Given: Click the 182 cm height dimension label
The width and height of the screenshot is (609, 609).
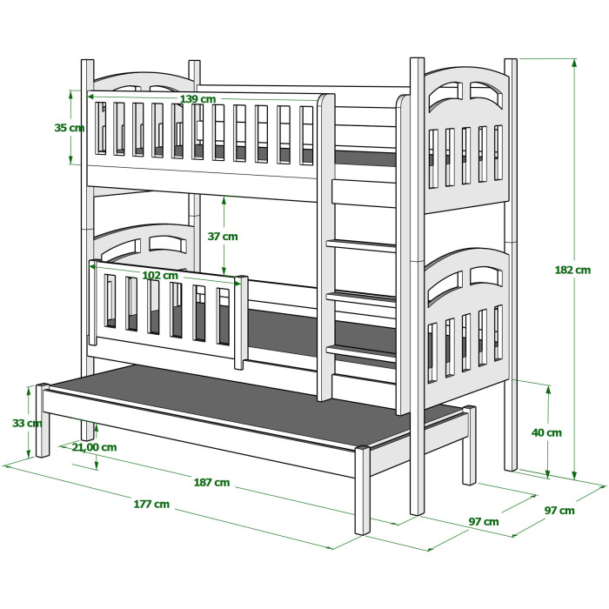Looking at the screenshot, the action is tap(572, 270).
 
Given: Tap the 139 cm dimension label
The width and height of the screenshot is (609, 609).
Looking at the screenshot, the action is tap(197, 99).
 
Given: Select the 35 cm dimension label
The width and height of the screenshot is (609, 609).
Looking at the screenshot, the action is tap(69, 127).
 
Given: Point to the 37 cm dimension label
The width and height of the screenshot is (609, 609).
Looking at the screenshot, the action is tap(223, 236).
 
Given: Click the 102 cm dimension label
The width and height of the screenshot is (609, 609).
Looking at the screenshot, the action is tap(160, 276).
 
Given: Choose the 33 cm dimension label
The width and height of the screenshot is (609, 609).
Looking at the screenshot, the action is tap(27, 423).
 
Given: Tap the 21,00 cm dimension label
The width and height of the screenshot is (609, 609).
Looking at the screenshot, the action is tap(94, 447).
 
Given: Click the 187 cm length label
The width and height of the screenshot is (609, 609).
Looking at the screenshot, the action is tap(211, 482).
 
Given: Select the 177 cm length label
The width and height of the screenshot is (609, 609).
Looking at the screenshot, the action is tap(151, 504).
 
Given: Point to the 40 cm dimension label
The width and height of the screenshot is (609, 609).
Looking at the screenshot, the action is tap(546, 432).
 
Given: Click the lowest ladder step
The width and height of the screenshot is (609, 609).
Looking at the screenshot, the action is tap(361, 351).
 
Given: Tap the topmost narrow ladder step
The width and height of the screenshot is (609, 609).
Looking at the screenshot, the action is tap(361, 245).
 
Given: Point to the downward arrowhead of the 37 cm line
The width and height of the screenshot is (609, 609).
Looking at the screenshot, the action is tap(224, 270).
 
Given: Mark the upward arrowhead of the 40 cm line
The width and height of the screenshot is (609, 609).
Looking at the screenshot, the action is tap(548, 390).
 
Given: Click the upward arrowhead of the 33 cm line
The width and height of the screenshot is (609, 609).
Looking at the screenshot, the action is tap(29, 391).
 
